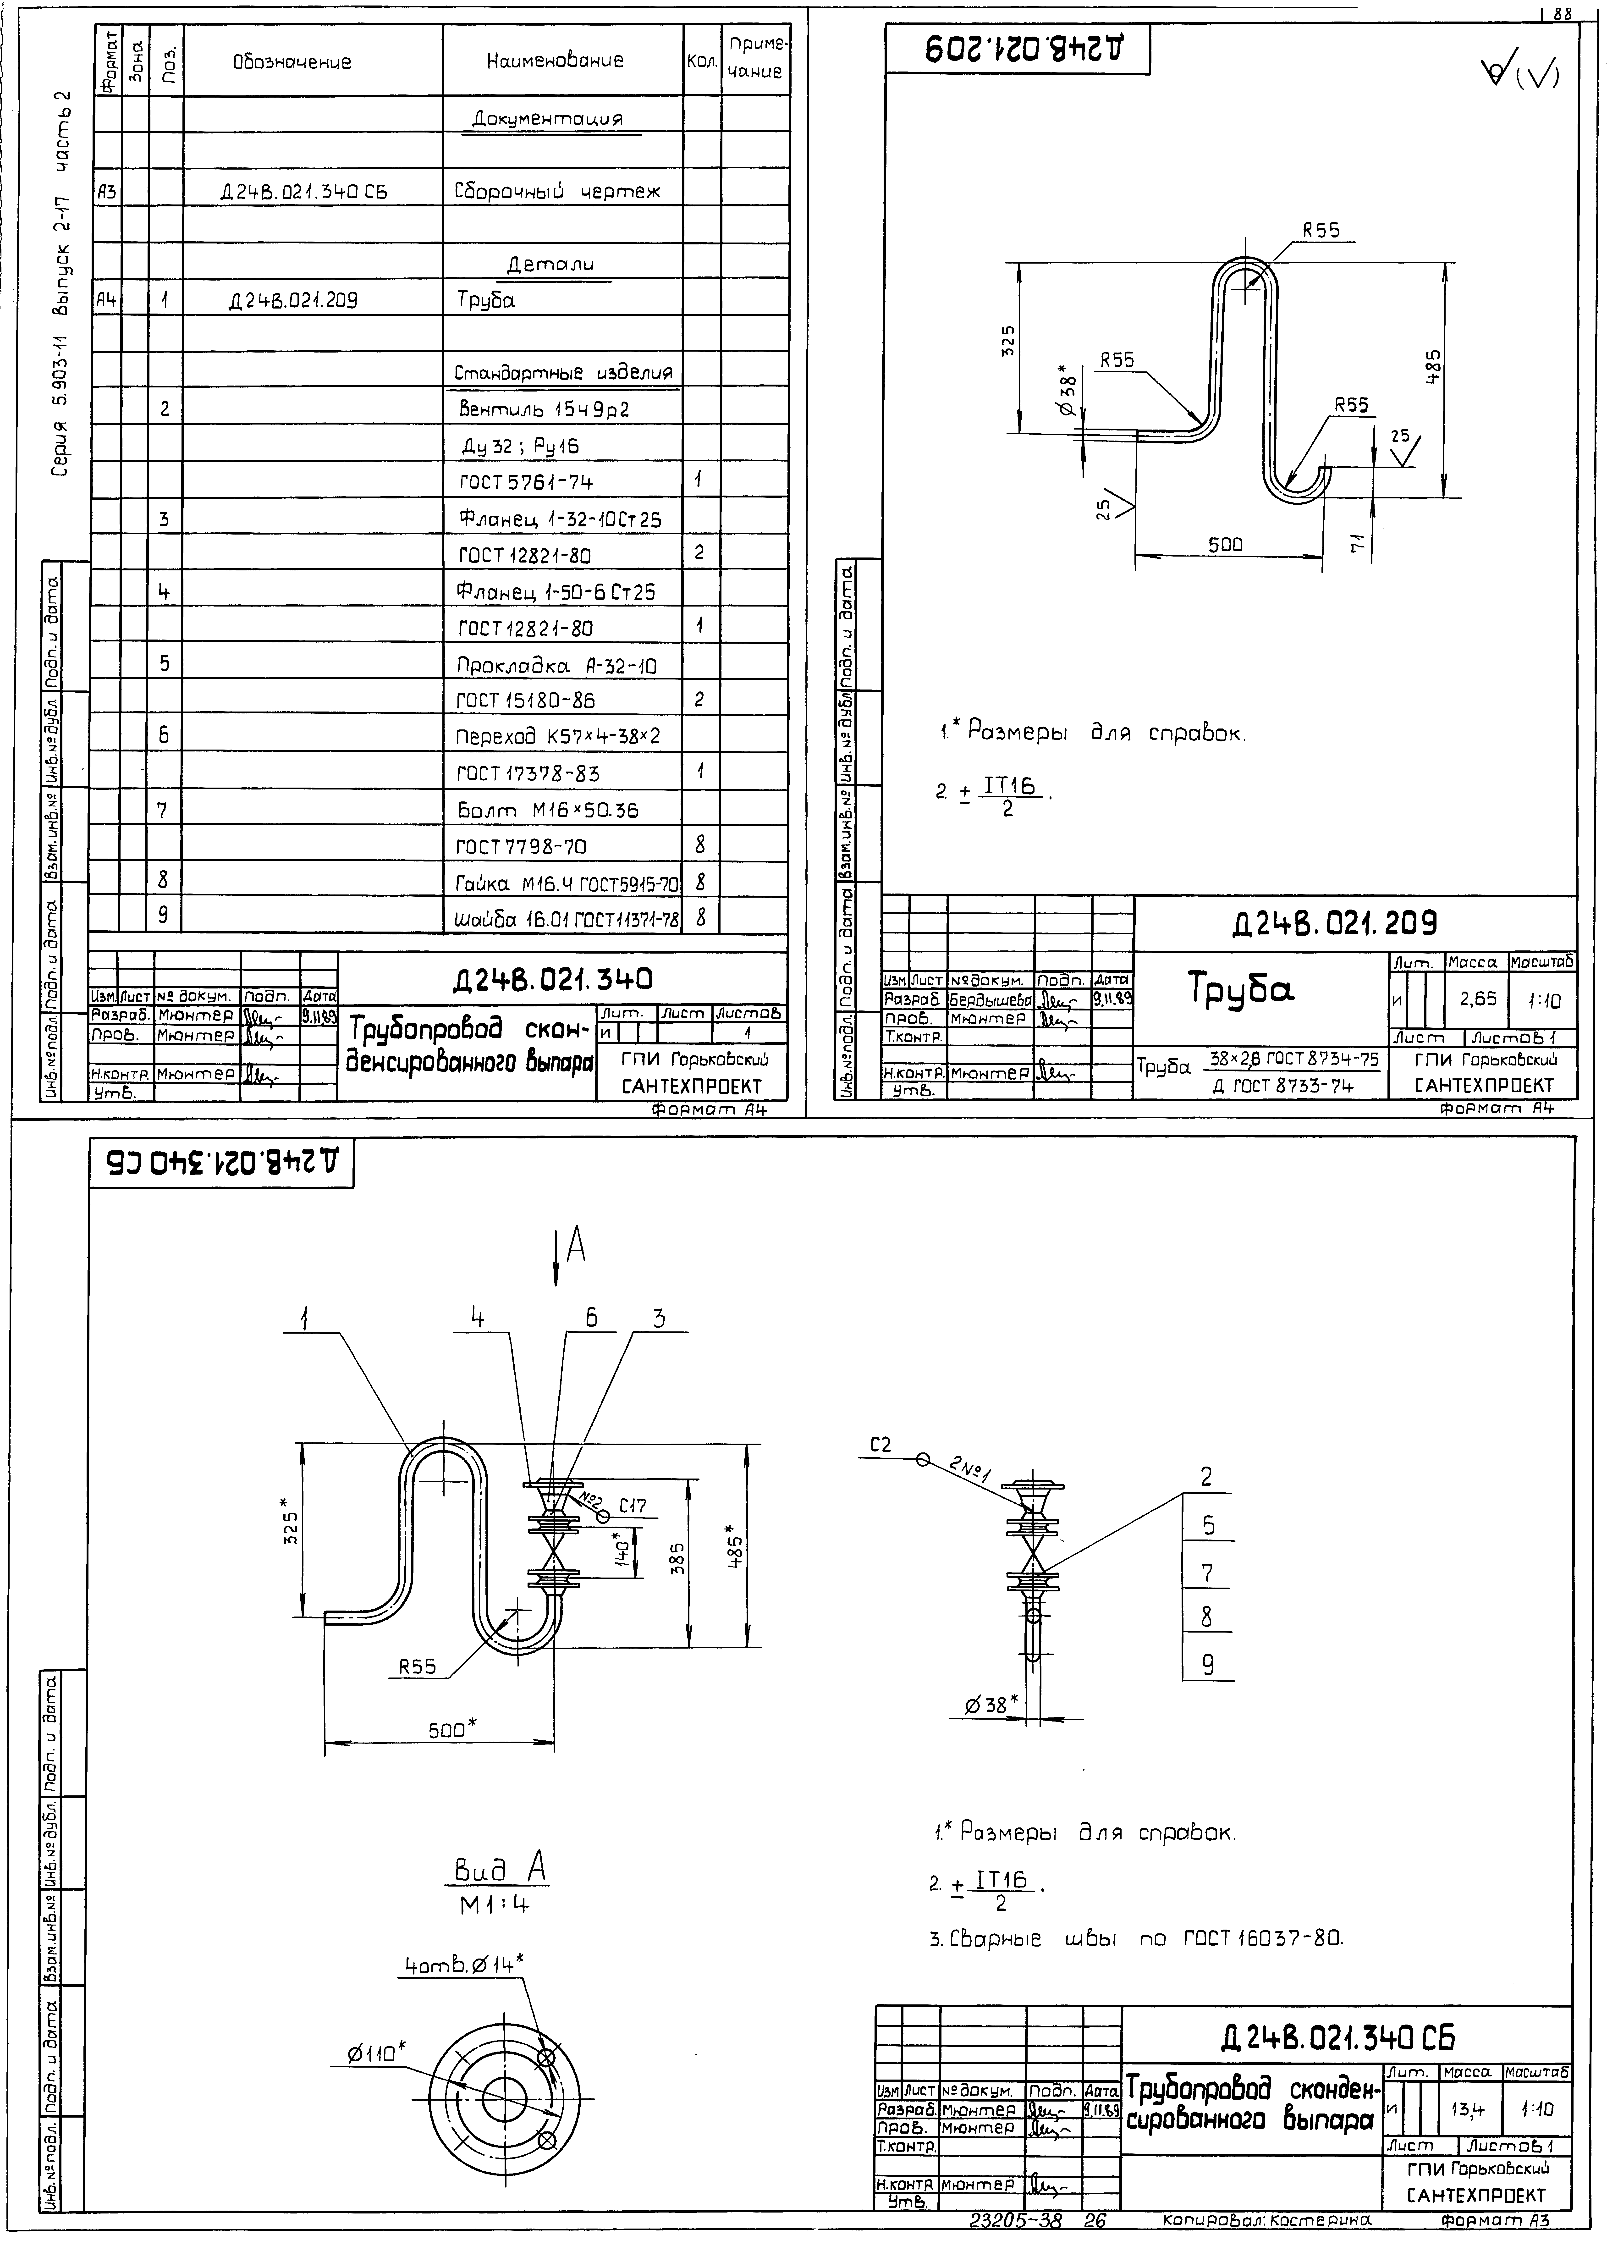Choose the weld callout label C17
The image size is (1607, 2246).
point(632,1506)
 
